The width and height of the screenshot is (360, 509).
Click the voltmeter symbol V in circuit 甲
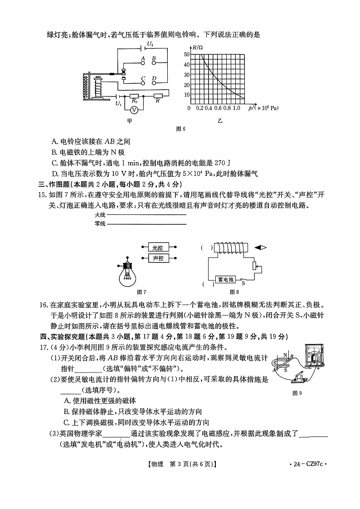134,110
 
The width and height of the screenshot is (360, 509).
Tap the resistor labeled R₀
135,97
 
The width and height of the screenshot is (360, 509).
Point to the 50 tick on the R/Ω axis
186,54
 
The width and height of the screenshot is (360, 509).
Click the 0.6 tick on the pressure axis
218,109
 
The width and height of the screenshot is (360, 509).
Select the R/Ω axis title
197,47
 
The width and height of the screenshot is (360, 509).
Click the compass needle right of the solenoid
260,247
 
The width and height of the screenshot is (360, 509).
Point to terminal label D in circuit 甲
154,79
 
